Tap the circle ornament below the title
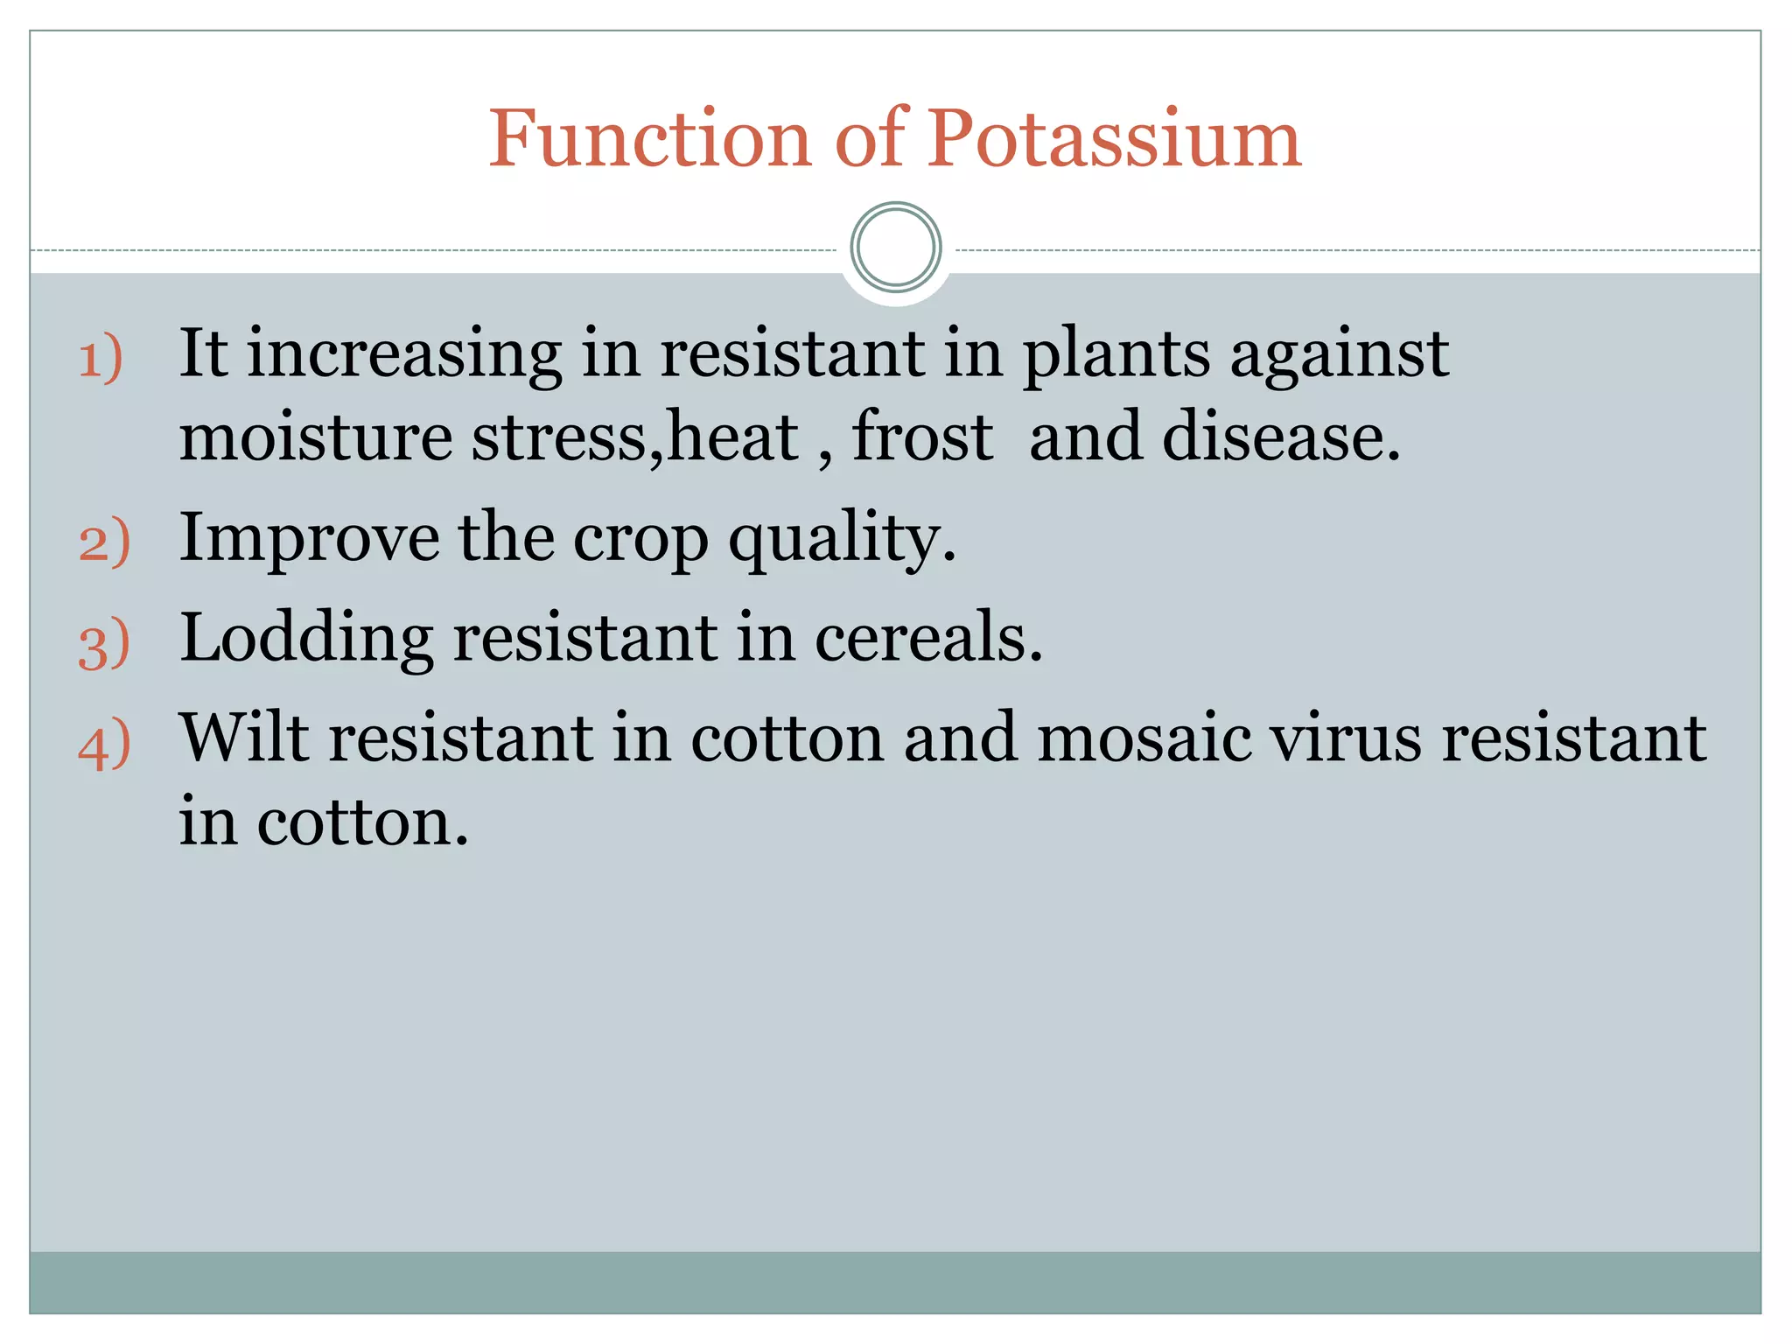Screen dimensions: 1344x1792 (x=895, y=248)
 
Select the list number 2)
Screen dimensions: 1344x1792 (x=104, y=542)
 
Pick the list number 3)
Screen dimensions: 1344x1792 (x=104, y=643)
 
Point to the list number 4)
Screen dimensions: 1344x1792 (x=104, y=745)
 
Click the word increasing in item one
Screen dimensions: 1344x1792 (x=404, y=354)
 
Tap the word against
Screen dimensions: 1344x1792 (x=1339, y=354)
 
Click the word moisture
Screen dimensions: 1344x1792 (x=316, y=437)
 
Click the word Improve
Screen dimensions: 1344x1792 (x=309, y=538)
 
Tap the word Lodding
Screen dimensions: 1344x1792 (x=306, y=638)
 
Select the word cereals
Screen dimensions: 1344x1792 (x=928, y=638)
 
